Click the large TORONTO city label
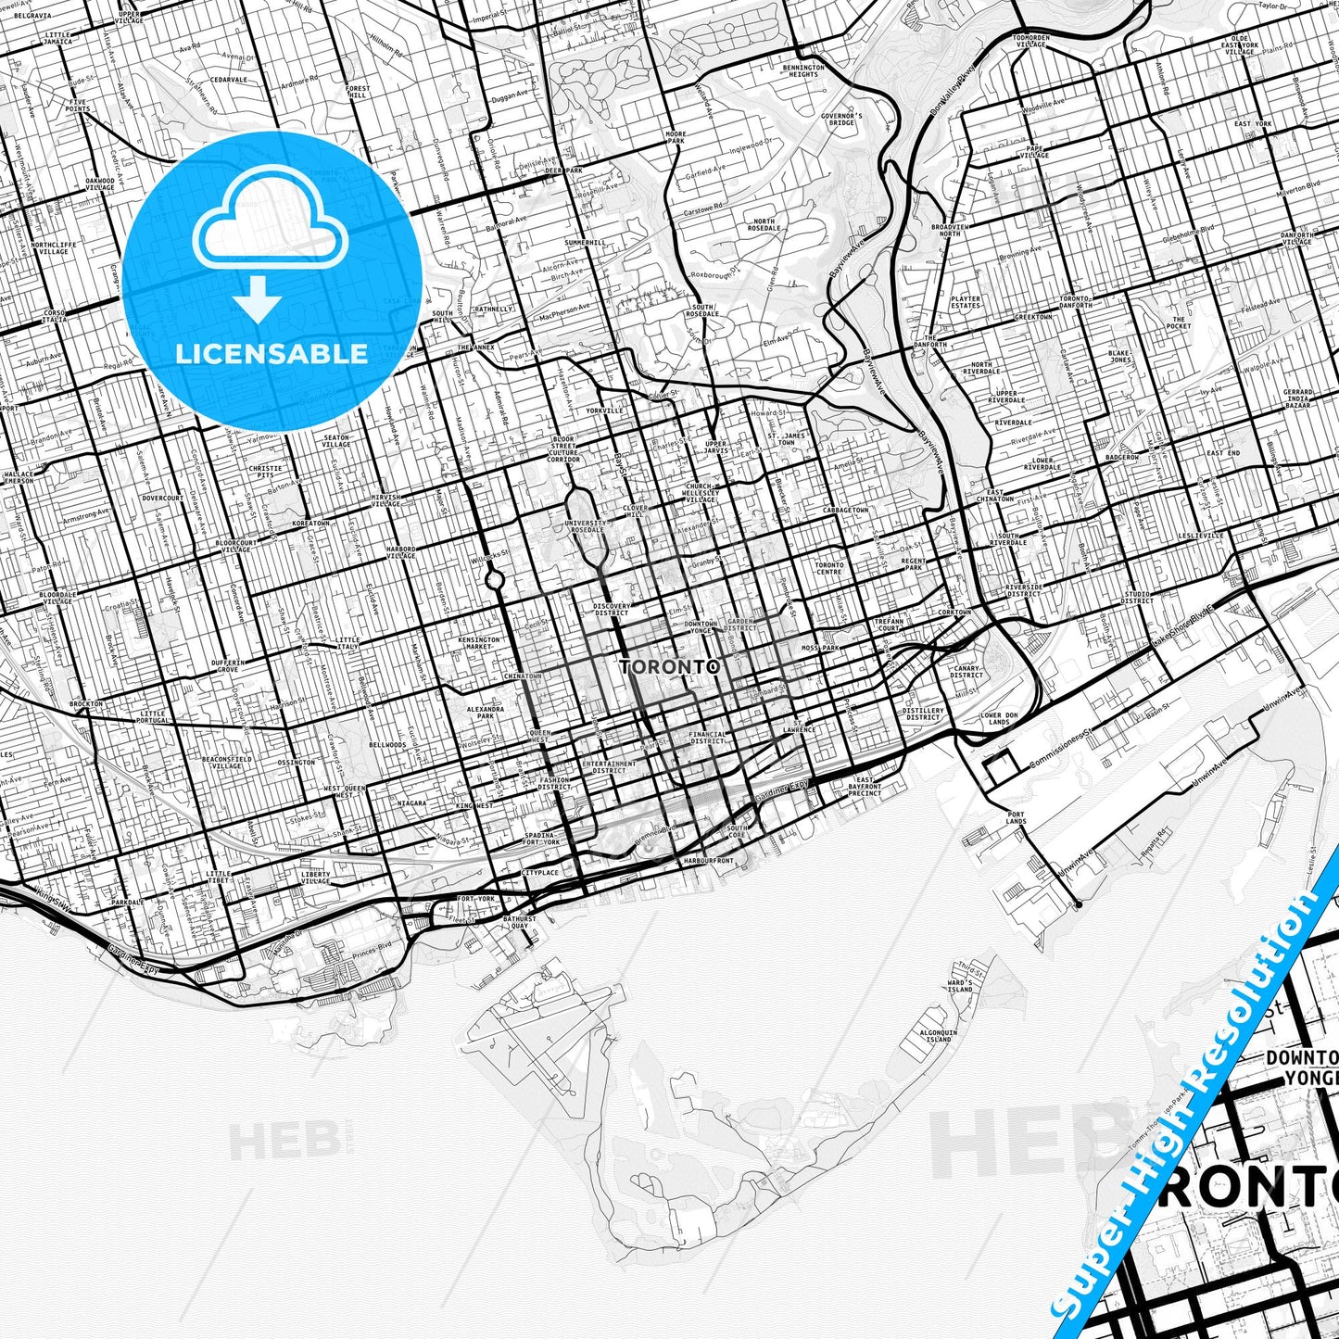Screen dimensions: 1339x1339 tap(669, 666)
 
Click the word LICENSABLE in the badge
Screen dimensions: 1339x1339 tap(272, 353)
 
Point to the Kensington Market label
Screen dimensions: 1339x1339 tap(479, 642)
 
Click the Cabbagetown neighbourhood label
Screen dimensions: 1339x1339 tap(845, 511)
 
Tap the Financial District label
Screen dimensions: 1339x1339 tap(707, 738)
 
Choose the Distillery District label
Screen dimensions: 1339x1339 tap(923, 714)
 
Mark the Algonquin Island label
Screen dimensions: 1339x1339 tap(938, 1036)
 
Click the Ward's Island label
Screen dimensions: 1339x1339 tap(960, 986)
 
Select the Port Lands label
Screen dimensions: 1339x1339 tap(1016, 817)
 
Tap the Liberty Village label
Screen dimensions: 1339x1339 tap(315, 877)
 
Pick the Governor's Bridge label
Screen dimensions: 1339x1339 tap(841, 119)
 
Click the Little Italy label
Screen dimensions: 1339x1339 tap(347, 642)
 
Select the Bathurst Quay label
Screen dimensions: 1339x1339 tap(519, 923)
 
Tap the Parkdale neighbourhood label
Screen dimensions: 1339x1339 tap(128, 902)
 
